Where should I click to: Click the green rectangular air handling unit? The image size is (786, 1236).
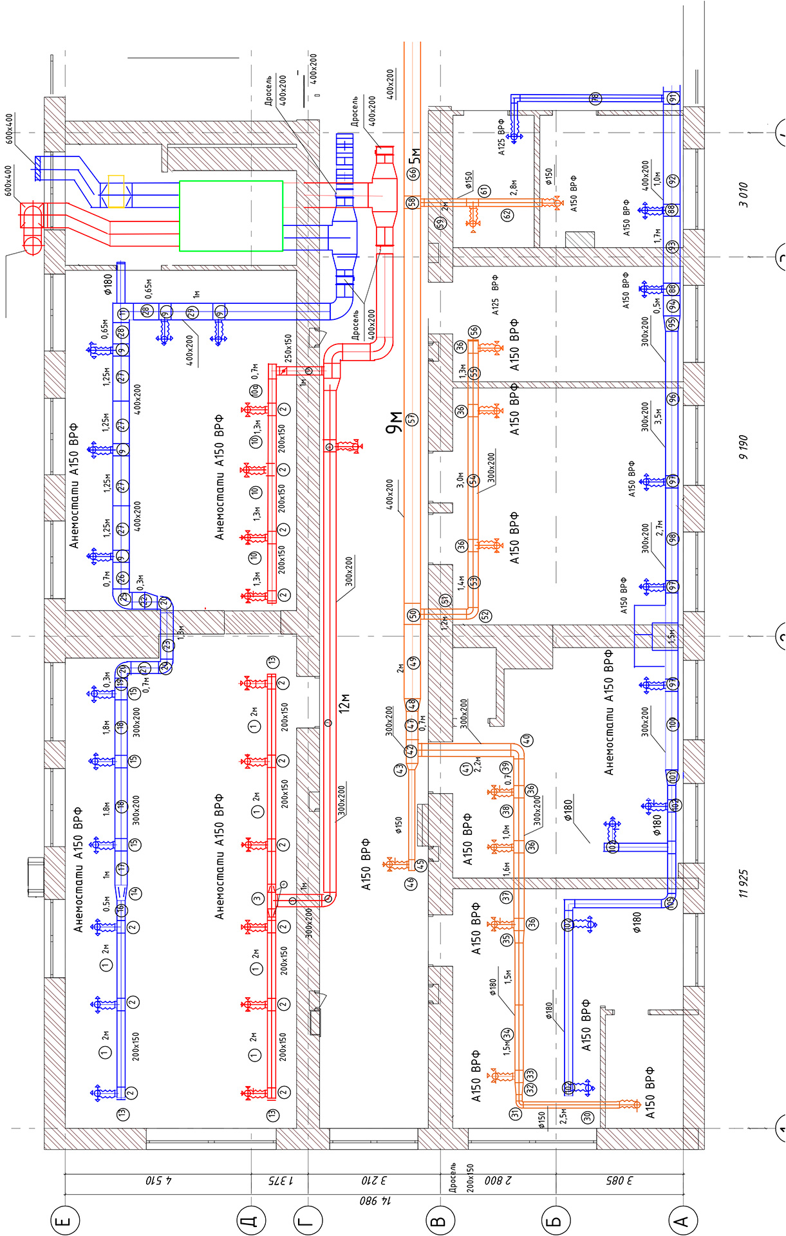(x=230, y=216)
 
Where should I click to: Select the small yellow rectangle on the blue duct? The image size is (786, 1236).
(x=116, y=191)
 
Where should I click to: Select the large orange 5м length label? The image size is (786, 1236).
(x=415, y=155)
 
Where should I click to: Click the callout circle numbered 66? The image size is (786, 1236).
(x=413, y=173)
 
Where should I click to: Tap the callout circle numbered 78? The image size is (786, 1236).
(x=595, y=98)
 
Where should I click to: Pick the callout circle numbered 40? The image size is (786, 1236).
(x=526, y=740)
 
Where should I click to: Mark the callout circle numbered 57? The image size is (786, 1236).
(x=412, y=419)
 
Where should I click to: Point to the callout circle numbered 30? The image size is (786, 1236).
(x=587, y=1118)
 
